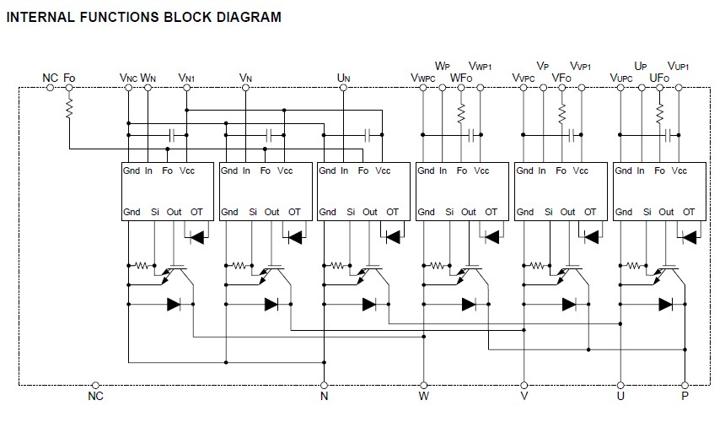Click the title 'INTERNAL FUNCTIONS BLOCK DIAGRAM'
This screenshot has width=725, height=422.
[x=144, y=17]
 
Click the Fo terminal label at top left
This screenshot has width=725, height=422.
[x=69, y=78]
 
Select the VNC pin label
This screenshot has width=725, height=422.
[x=128, y=78]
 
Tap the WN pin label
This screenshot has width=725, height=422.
[x=148, y=78]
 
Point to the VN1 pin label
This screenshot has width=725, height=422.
[x=186, y=78]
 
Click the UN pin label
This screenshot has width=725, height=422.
[x=342, y=78]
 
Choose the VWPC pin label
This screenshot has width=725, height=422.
[x=424, y=78]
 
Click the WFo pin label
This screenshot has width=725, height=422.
[x=461, y=78]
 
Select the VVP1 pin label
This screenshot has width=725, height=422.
[x=580, y=66]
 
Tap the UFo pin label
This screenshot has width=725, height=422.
[x=659, y=78]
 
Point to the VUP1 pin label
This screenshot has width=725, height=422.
[x=679, y=66]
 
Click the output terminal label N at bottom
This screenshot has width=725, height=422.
[x=324, y=396]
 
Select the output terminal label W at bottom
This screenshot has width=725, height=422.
[x=423, y=396]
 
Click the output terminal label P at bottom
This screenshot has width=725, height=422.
[x=685, y=396]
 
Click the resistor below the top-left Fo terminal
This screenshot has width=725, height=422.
[x=69, y=111]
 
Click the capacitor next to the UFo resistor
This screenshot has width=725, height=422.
[x=670, y=134]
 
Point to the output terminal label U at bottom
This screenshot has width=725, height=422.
[x=620, y=396]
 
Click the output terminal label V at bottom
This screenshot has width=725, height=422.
[x=524, y=396]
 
